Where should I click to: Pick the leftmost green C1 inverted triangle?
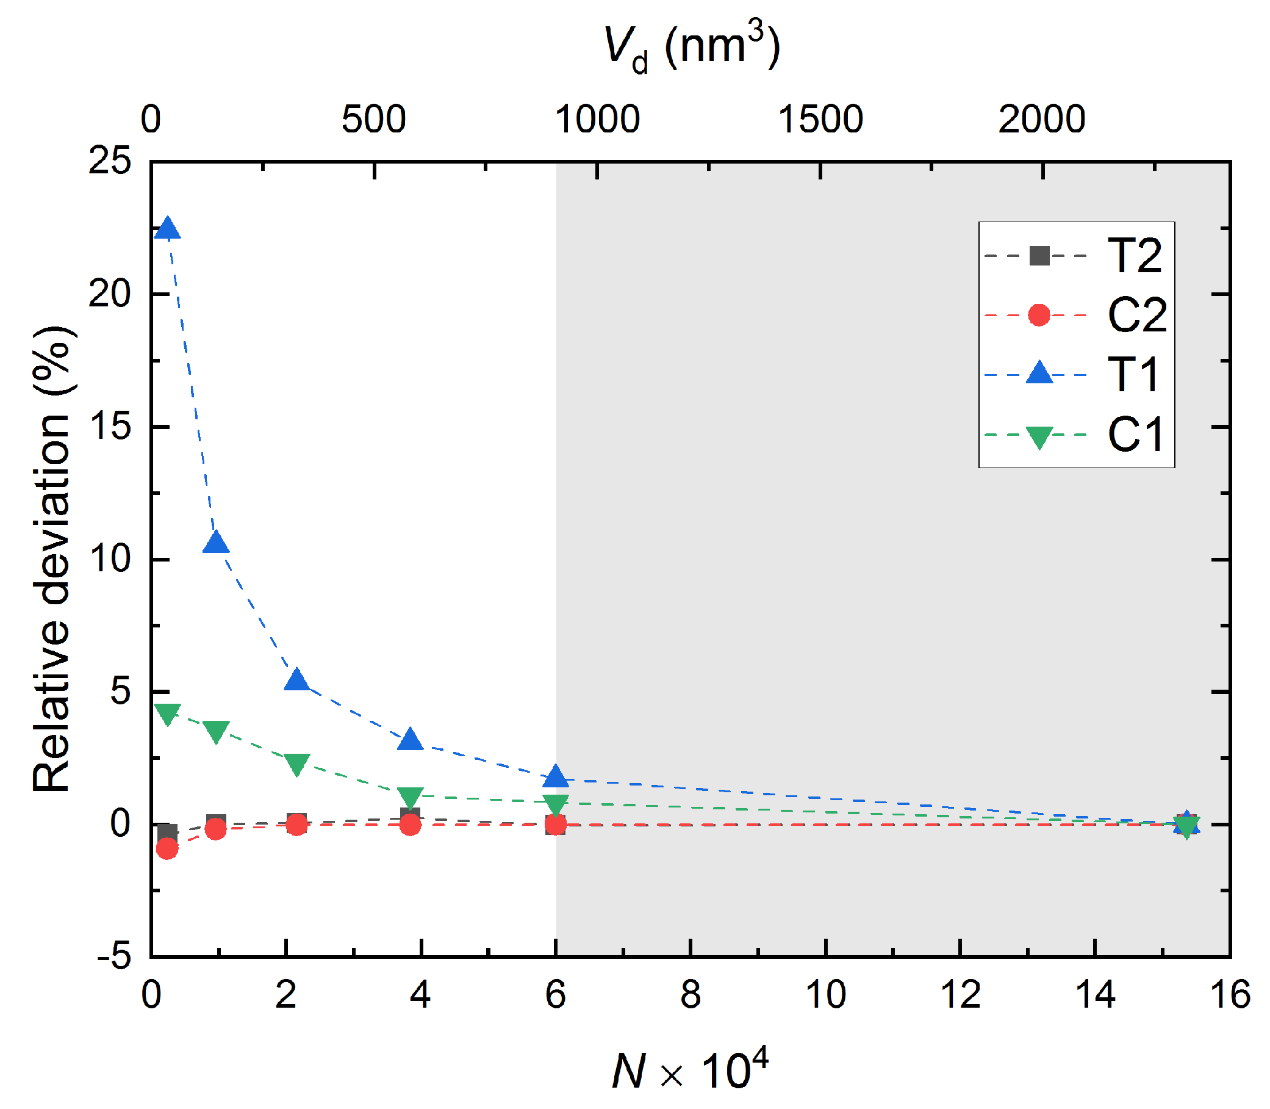click(x=168, y=714)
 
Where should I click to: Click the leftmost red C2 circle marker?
click(x=167, y=849)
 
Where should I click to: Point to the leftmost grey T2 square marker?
click(x=167, y=833)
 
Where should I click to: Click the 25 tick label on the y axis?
click(x=110, y=162)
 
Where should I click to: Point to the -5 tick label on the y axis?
click(x=115, y=958)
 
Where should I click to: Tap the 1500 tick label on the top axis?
click(x=820, y=120)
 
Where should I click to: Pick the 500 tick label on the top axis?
click(x=374, y=120)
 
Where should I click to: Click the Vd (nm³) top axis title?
click(x=692, y=48)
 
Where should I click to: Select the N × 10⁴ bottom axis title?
click(x=691, y=1069)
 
